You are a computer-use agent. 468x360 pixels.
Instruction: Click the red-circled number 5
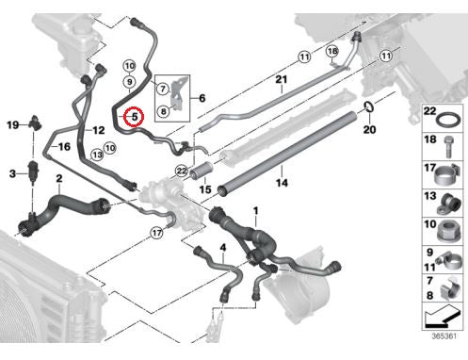point(134,117)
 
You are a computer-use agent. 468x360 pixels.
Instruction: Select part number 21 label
point(282,79)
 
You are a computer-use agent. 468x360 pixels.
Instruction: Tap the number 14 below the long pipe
point(282,183)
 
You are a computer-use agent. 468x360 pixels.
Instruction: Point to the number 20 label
point(369,129)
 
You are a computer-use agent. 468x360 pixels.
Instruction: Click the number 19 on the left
point(13,125)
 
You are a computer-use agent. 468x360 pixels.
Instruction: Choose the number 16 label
point(64,146)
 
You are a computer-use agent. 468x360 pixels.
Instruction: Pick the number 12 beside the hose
point(99,130)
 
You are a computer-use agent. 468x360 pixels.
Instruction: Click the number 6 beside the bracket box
point(202,98)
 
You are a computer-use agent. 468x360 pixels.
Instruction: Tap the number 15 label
point(205,189)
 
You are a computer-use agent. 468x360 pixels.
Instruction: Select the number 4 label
point(223,248)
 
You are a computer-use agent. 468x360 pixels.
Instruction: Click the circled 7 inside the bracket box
point(163,89)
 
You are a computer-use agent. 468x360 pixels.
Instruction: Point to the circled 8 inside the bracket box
point(163,111)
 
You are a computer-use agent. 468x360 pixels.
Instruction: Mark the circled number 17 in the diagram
point(156,233)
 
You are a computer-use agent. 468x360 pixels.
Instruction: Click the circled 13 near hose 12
point(97,155)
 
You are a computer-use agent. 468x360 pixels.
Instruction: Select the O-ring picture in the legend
point(449,121)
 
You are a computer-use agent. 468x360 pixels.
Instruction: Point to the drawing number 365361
point(444,336)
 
